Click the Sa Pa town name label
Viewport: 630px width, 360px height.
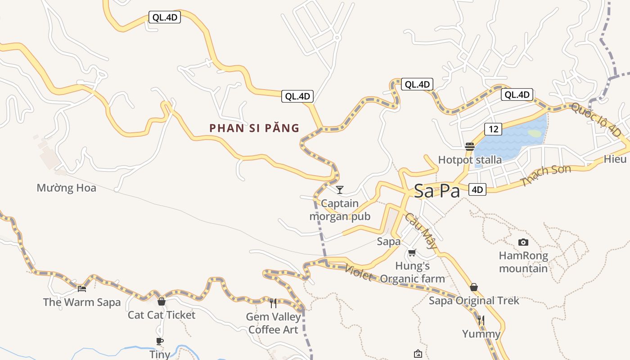coord(436,191)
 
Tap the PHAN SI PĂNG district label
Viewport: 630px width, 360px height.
coord(254,128)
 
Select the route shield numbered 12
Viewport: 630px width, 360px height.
coord(493,129)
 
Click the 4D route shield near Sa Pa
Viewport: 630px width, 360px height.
coord(477,189)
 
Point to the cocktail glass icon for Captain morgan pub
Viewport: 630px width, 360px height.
coord(340,189)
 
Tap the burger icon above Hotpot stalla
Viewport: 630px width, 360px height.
coord(470,146)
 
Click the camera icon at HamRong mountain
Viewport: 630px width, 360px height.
coord(523,242)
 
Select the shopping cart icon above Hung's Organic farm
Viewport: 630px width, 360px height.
coord(412,252)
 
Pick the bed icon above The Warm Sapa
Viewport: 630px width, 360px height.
coord(81,288)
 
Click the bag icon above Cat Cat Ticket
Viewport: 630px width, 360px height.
coord(162,301)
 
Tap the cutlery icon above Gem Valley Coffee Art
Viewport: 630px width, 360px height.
coord(273,303)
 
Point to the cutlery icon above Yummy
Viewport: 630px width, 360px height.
coord(481,320)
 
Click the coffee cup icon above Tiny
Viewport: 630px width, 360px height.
coord(159,341)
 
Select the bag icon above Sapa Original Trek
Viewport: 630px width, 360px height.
coord(473,287)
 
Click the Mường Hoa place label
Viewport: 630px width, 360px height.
coord(67,188)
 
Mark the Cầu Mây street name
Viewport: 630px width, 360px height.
coord(421,230)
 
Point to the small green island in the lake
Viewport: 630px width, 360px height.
coord(535,133)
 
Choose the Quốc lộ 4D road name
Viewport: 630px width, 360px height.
coord(596,119)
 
